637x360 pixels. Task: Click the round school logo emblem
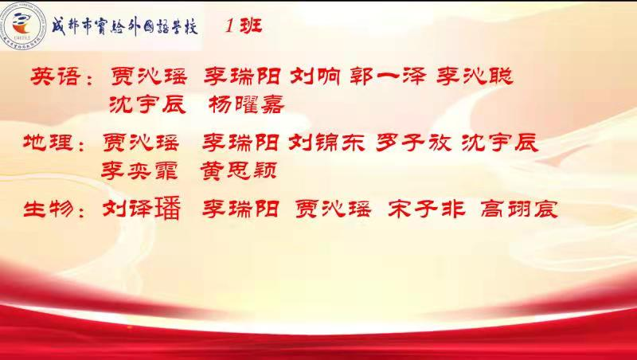pos(25,25)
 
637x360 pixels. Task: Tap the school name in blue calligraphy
pos(125,27)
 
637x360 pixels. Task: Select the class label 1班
pos(244,26)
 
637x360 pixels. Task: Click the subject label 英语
pos(54,76)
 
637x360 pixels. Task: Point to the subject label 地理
pos(48,143)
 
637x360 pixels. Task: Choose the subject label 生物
pos(49,209)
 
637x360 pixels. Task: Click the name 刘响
pos(315,76)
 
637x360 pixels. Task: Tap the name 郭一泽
pos(388,76)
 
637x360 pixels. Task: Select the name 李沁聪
pos(475,76)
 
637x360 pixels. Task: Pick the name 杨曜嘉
pos(247,105)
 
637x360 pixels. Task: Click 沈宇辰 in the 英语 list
pos(147,105)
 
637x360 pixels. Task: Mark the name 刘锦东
pos(326,143)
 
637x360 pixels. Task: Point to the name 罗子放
pos(413,143)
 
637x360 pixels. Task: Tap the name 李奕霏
pos(139,171)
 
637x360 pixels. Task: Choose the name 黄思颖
pos(239,171)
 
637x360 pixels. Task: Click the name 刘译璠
pos(142,209)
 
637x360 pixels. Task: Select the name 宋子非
pos(427,209)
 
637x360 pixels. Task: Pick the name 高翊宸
pos(519,209)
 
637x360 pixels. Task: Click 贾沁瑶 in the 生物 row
pos(334,209)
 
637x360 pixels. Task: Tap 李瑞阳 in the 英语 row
pos(242,76)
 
